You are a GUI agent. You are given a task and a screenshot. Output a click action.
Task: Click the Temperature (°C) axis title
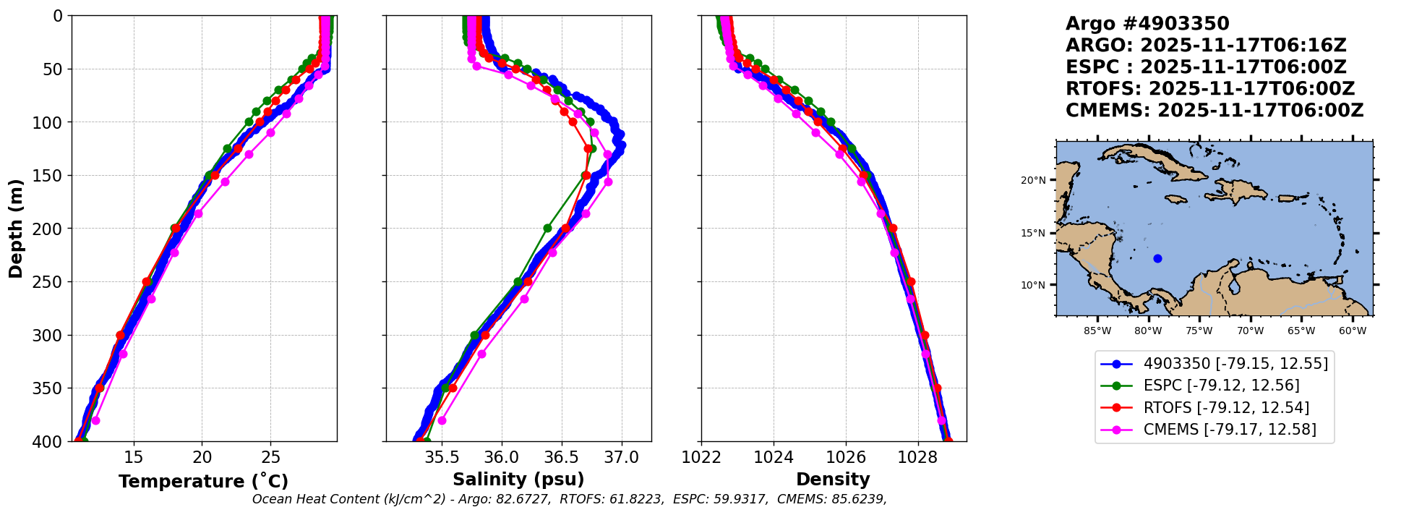point(203,481)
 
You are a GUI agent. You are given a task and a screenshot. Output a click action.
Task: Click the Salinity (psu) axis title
point(518,480)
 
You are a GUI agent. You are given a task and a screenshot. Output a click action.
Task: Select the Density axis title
point(833,480)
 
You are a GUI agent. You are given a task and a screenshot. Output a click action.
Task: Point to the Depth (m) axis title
point(16,229)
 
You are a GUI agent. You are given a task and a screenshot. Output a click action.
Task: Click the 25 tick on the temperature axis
point(270,458)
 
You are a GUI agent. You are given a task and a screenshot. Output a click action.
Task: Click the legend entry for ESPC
point(1221,386)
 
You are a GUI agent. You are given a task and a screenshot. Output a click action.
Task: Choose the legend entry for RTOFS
point(1226,408)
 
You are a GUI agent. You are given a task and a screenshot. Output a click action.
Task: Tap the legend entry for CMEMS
point(1229,430)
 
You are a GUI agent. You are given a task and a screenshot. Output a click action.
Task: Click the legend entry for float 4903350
point(1235,364)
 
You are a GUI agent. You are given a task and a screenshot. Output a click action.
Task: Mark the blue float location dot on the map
point(1157,258)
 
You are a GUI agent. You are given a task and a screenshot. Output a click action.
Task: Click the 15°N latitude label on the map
point(1033,233)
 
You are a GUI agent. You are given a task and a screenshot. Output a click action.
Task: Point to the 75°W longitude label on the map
point(1199,331)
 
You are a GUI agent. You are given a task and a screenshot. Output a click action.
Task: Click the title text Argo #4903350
point(1147,24)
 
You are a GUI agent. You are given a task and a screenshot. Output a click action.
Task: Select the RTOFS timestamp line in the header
point(1210,89)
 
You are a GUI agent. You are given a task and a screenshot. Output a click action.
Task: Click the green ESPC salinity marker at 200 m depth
point(547,229)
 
